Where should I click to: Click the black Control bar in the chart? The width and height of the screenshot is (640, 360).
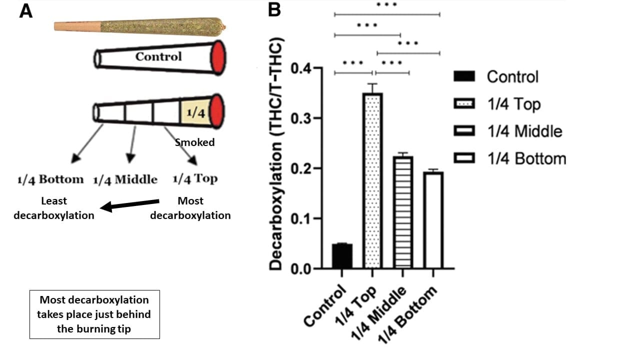coord(342,256)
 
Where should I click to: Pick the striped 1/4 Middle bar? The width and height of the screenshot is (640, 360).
coord(403,212)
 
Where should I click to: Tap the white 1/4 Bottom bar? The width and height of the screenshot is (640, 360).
coord(433,220)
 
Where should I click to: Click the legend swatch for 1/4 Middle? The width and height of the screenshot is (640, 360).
coord(464,131)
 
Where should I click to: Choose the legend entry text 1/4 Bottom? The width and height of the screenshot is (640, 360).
coord(526,159)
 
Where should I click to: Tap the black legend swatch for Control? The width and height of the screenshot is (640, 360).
coord(464,77)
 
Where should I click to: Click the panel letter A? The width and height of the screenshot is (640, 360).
coord(26,10)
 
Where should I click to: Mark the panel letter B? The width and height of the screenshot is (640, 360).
coord(274,10)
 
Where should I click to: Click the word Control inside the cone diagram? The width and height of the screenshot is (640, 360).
coord(158,56)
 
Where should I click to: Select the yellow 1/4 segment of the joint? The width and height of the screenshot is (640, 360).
coord(196,112)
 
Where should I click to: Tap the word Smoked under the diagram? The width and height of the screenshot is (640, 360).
coord(194,142)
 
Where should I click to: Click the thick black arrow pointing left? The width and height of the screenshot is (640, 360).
coord(130,205)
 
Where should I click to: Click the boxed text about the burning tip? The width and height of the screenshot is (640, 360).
coord(94,314)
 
